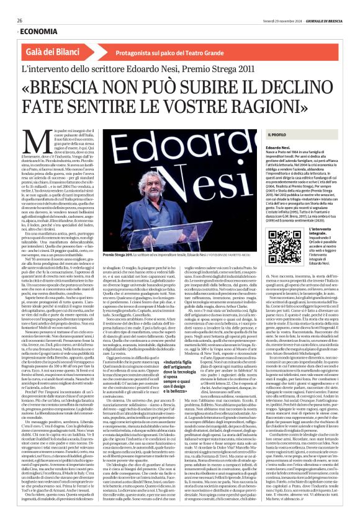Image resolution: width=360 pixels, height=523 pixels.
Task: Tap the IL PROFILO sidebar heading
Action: (x=277, y=135)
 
